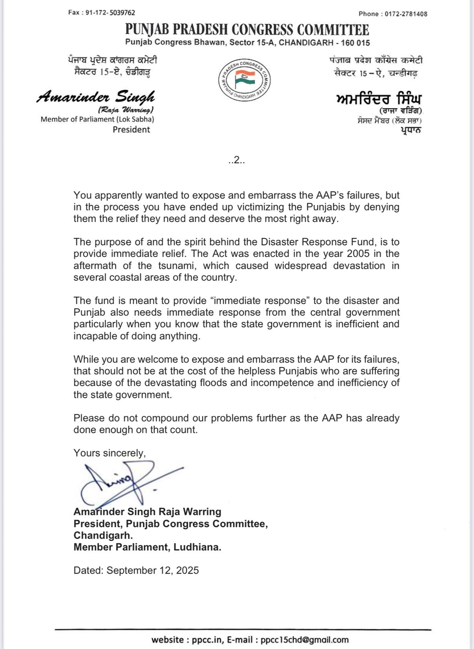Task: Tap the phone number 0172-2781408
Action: pos(406,14)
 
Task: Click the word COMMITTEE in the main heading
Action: pos(333,30)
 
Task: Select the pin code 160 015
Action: pos(355,43)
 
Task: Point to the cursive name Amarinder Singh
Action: pos(96,97)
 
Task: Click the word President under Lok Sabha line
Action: pos(131,129)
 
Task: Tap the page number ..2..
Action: pos(236,160)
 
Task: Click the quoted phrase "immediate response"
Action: pos(259,301)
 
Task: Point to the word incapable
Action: pos(94,336)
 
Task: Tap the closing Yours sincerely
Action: pos(109,453)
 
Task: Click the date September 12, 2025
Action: pos(153,570)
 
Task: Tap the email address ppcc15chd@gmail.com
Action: pos(304,640)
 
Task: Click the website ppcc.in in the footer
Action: pos(207,640)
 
